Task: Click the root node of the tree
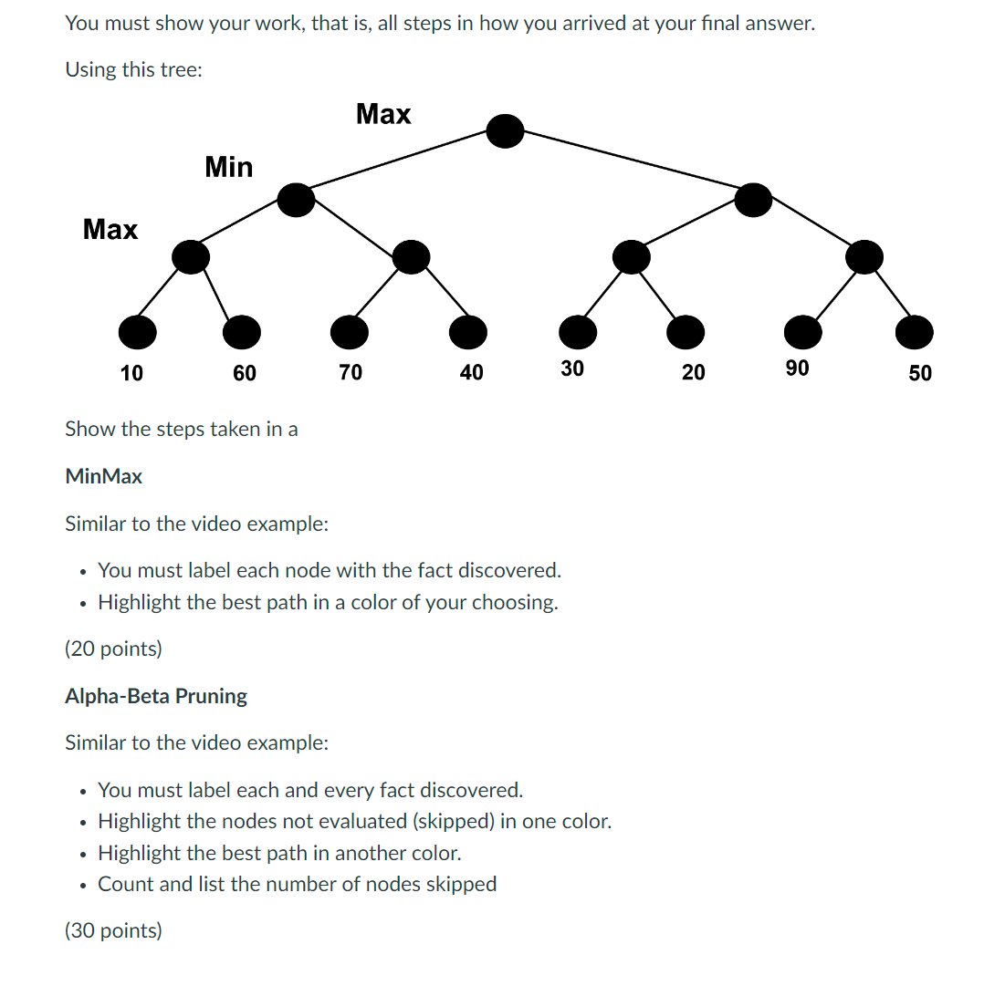pos(505,131)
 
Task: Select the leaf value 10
pos(131,372)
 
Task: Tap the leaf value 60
pos(245,372)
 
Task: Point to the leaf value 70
pos(351,372)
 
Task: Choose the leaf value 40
pos(471,372)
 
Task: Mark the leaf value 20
pos(694,372)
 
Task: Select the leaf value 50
pos(920,372)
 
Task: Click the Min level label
pos(229,167)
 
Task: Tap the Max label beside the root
pos(383,114)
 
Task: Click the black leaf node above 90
pos(802,333)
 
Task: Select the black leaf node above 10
pos(137,333)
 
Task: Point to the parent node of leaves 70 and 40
pos(411,257)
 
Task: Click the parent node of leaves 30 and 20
pos(631,257)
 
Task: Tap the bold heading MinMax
pos(104,476)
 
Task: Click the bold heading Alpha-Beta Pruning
pos(156,696)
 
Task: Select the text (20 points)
pos(113,649)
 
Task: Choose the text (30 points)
pos(113,930)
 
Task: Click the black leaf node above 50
pos(914,333)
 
